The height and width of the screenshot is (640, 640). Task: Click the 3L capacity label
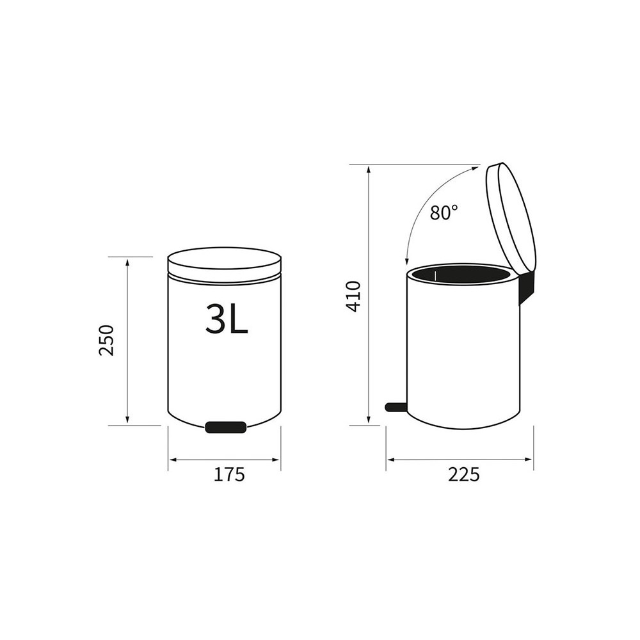[x=226, y=318]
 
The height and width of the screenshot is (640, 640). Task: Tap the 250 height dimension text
[x=106, y=340]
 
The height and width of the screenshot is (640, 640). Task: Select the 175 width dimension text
[x=229, y=475]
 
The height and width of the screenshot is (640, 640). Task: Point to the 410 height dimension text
[x=353, y=296]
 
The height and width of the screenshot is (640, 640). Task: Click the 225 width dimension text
[x=463, y=475]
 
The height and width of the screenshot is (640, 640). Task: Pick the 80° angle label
[x=444, y=212]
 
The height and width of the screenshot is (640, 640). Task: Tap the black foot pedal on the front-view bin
[x=225, y=427]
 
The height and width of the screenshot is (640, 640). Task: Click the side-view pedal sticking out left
[x=396, y=406]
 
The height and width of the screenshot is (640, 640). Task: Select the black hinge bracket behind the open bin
[x=526, y=288]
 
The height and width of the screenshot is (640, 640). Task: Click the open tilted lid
[x=511, y=218]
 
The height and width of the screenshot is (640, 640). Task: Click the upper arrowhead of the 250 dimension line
[x=127, y=261]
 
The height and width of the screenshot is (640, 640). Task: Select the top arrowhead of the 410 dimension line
[x=369, y=169]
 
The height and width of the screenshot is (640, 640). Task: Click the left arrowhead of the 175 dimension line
[x=172, y=460]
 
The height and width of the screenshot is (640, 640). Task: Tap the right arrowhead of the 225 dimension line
[x=529, y=460]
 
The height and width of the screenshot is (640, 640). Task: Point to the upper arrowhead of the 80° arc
[x=476, y=168]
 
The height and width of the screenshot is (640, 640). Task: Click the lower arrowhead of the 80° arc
[x=407, y=261]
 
